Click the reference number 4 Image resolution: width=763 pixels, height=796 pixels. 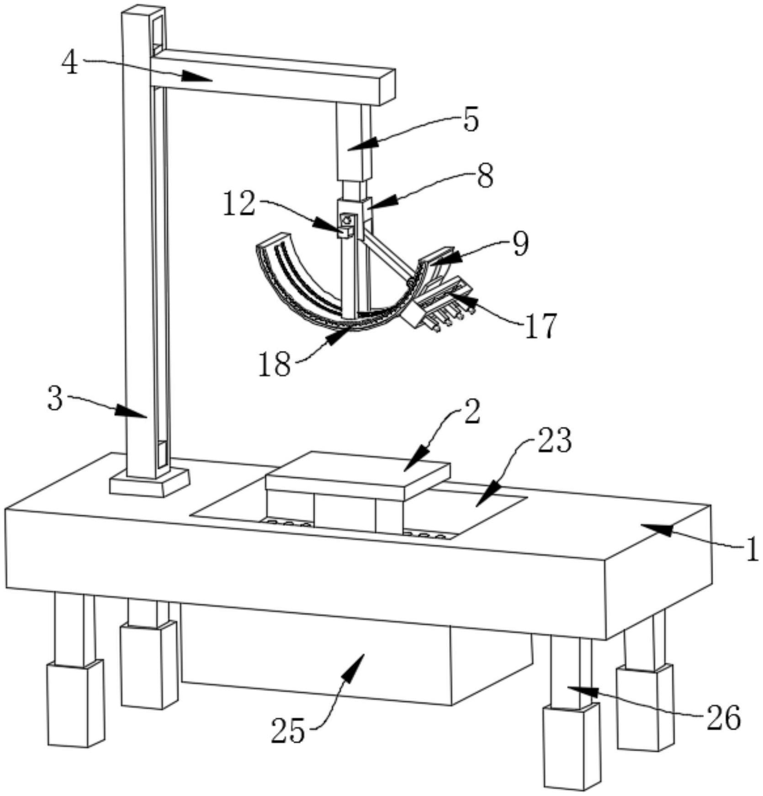tap(70, 63)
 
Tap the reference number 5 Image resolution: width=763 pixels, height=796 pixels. tap(471, 119)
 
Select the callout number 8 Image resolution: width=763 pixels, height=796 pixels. tap(485, 176)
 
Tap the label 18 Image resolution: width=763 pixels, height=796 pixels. tap(275, 364)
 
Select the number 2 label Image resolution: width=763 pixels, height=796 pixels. tap(472, 411)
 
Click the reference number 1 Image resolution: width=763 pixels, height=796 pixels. tap(751, 548)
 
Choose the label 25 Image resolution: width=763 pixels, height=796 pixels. tap(288, 730)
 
